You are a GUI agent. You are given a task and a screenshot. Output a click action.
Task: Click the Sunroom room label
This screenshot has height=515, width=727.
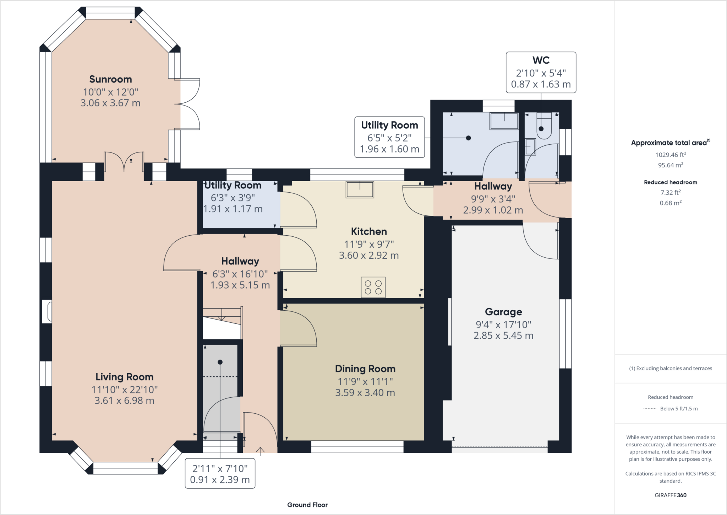point(110,79)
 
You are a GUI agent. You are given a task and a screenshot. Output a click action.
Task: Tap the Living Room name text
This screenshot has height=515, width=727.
point(124,377)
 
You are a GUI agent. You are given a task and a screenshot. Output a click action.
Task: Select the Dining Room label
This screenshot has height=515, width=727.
point(365,369)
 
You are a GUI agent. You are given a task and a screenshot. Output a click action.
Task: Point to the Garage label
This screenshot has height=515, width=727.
point(503,312)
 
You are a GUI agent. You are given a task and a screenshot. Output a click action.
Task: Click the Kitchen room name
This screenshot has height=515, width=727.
point(369,231)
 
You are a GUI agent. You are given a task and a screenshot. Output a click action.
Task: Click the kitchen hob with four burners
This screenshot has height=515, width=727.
point(373,287)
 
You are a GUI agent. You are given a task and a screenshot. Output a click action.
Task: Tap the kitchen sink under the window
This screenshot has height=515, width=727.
point(360,189)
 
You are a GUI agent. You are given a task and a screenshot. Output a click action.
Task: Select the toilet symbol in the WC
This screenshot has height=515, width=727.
point(543,126)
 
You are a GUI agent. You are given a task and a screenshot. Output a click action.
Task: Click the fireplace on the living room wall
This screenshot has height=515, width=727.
point(47,312)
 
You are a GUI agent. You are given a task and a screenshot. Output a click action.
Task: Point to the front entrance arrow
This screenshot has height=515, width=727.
point(260,451)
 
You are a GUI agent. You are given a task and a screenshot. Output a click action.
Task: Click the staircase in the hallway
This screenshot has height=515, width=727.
point(222,323)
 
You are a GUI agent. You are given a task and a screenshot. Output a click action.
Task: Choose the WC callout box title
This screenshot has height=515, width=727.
point(541,60)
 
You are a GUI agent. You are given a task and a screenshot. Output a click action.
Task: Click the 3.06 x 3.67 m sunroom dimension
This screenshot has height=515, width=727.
point(110,103)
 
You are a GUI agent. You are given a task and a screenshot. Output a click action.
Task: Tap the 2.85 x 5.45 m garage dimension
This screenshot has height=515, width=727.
point(503,336)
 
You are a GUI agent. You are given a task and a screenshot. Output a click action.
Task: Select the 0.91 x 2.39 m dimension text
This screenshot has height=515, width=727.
point(220,480)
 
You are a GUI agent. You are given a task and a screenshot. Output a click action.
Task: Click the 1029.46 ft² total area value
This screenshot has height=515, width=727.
point(671,155)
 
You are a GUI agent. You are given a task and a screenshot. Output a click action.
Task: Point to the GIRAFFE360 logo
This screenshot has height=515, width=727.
point(671,495)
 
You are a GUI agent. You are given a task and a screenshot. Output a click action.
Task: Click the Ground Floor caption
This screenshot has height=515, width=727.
point(307,505)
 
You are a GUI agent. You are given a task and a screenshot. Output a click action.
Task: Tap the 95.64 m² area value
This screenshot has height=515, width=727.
point(671,165)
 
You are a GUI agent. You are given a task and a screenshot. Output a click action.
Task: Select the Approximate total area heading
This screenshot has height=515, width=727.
point(671,143)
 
